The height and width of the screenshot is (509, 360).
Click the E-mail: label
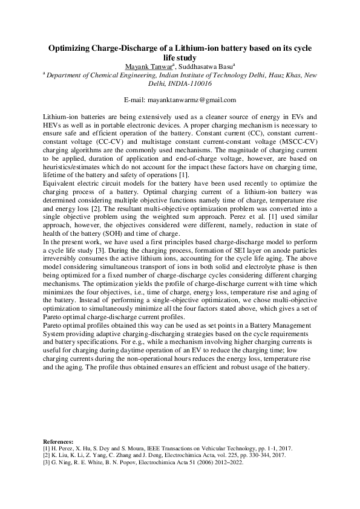click(136, 99)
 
